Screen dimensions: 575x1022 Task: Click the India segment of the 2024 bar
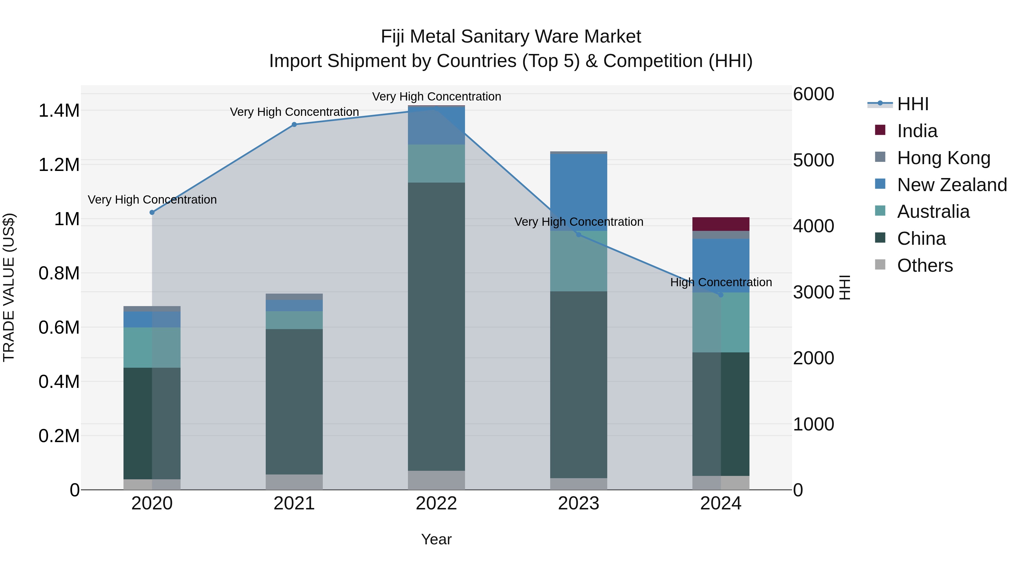[721, 224]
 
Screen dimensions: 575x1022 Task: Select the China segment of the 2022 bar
[436, 327]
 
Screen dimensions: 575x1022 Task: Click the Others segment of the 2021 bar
[294, 482]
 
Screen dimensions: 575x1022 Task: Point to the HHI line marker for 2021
[294, 125]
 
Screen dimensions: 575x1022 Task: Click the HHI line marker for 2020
[152, 212]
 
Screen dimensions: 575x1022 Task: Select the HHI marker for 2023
[579, 235]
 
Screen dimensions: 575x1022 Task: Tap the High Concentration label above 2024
[721, 283]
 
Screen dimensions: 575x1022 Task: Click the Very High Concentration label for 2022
[436, 97]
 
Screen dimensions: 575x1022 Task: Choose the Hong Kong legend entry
[943, 158]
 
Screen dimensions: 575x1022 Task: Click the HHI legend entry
[912, 104]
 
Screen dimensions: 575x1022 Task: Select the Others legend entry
[924, 265]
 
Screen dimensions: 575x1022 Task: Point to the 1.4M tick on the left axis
[59, 111]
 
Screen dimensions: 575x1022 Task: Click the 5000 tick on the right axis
[813, 160]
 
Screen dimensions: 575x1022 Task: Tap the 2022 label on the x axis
[436, 503]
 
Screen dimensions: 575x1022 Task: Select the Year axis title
[436, 539]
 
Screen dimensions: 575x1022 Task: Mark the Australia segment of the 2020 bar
[152, 348]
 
